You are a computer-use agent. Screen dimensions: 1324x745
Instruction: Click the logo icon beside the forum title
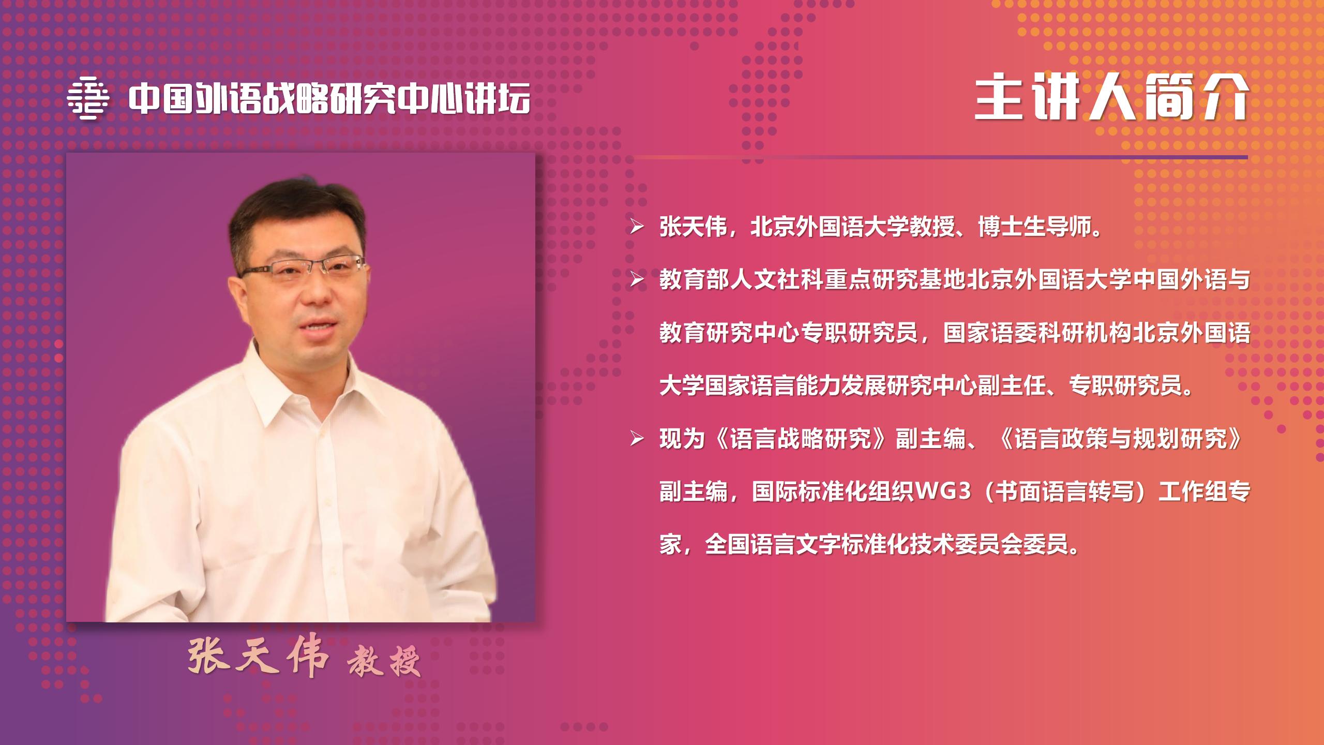click(x=88, y=98)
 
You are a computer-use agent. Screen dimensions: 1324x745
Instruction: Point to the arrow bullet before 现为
click(x=637, y=439)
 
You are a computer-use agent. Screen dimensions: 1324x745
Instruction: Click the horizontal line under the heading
click(x=942, y=157)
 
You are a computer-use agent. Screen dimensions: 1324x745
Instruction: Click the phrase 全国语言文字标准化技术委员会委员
click(x=887, y=546)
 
